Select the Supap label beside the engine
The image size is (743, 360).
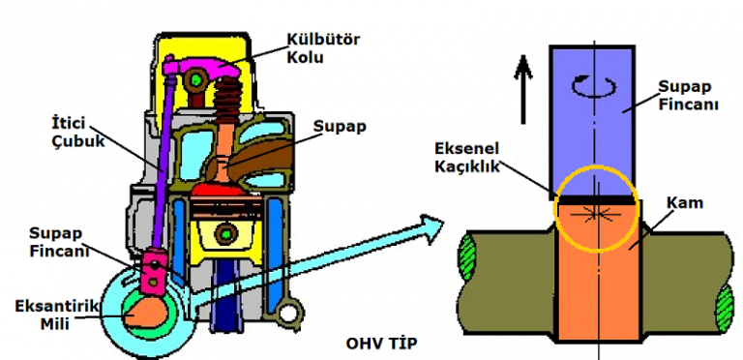pos(342,127)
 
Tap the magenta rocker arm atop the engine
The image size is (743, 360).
pos(203,73)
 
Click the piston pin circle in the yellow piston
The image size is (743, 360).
pos(225,233)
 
